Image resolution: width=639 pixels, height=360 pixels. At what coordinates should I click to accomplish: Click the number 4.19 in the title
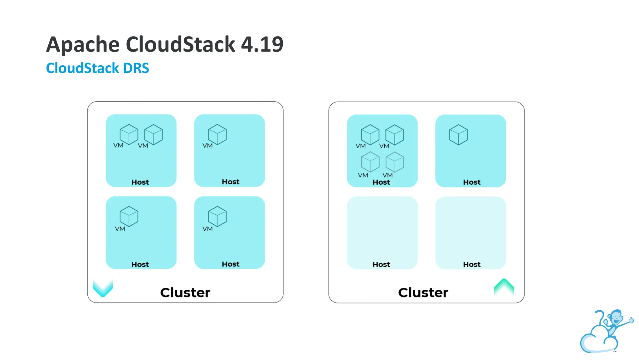click(x=262, y=44)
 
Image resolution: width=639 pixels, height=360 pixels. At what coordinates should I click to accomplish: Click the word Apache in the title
click(x=83, y=44)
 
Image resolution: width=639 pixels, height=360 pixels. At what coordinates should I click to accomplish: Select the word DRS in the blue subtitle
click(x=136, y=68)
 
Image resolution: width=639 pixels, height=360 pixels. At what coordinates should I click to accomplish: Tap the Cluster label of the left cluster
click(x=185, y=292)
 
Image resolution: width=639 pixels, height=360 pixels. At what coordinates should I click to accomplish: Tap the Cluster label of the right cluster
click(x=423, y=292)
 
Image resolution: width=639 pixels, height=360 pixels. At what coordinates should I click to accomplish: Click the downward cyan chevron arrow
click(x=103, y=288)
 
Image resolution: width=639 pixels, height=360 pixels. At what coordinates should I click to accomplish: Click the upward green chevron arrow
click(x=504, y=287)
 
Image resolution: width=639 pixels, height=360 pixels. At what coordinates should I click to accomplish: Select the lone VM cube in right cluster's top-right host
click(x=458, y=135)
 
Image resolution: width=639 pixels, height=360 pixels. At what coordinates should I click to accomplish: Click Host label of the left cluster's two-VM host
click(x=140, y=182)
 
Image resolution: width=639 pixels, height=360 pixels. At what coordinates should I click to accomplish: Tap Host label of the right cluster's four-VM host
click(x=381, y=182)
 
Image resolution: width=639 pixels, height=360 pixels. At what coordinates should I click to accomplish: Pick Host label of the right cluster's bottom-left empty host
click(x=381, y=264)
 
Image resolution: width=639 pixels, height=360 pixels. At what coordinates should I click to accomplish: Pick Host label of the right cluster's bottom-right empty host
click(x=471, y=264)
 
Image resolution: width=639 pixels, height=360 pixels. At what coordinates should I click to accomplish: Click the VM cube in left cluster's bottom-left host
click(x=129, y=216)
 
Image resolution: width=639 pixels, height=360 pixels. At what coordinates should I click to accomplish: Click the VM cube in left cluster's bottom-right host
click(x=217, y=216)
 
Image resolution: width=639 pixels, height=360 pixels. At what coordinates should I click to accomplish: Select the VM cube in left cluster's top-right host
click(x=217, y=134)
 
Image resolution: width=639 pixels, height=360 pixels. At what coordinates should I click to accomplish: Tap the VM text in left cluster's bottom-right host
click(x=207, y=229)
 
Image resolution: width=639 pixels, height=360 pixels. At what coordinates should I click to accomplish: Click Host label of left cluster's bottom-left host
click(x=140, y=264)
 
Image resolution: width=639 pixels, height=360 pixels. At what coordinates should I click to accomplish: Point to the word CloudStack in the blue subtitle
click(x=82, y=68)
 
